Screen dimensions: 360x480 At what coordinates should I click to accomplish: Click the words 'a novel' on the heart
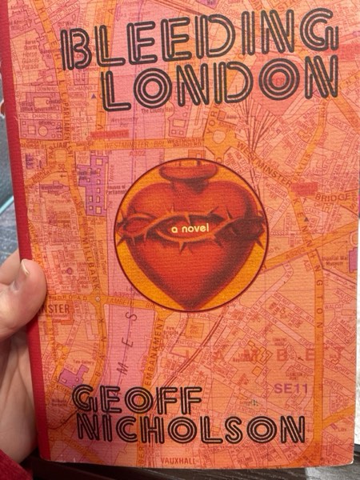(x=189, y=228)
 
